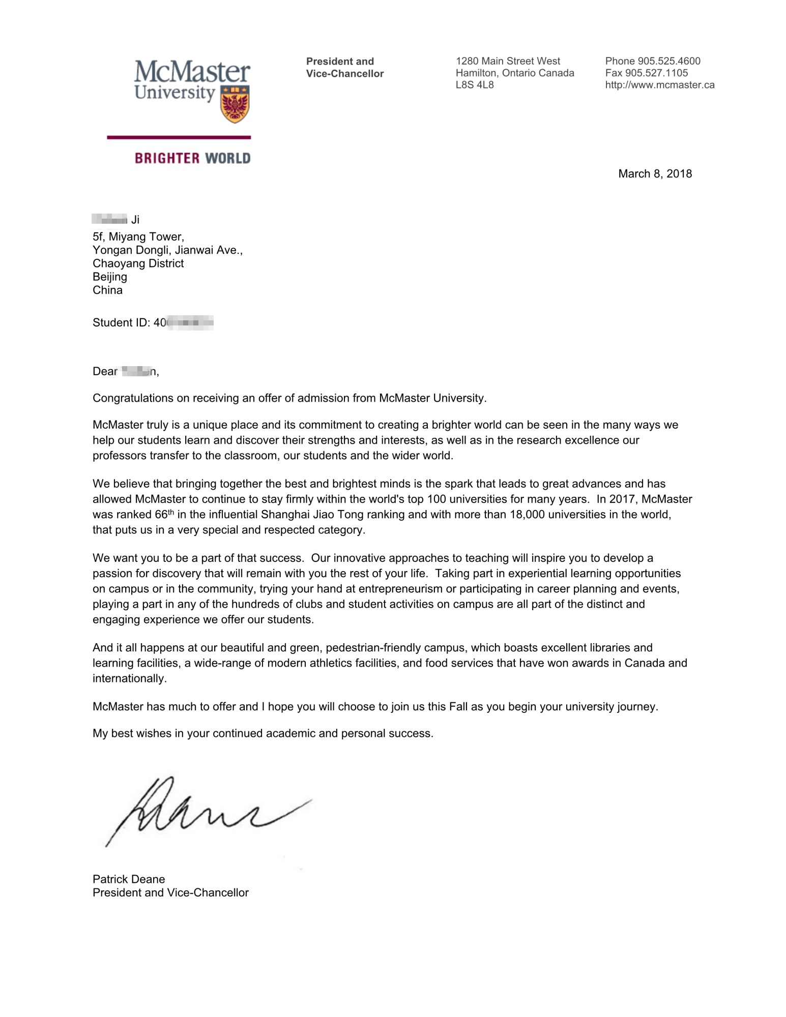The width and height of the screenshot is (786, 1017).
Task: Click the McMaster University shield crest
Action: point(235,104)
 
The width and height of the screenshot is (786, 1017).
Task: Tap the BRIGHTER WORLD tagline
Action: point(192,158)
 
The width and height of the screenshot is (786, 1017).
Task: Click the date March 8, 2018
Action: point(655,174)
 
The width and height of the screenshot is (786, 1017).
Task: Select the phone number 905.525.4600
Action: point(668,61)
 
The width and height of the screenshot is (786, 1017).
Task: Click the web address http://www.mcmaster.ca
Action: point(660,85)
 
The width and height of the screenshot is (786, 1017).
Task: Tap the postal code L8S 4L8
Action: point(475,85)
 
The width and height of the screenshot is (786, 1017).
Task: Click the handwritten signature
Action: point(203,812)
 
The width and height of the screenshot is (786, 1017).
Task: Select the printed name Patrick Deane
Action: point(129,879)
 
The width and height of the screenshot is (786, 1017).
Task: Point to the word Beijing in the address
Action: point(110,277)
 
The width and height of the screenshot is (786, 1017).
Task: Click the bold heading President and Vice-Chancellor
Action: point(344,67)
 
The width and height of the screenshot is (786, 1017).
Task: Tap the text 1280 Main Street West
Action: point(508,61)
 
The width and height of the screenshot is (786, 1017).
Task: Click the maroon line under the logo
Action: point(179,137)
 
